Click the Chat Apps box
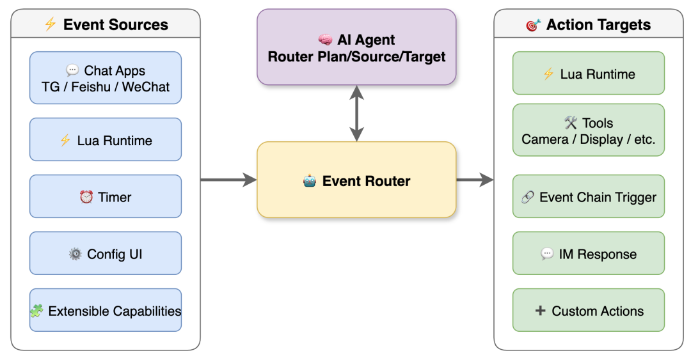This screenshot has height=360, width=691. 106,78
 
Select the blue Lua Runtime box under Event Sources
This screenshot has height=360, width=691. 106,139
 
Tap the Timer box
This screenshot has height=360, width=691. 106,196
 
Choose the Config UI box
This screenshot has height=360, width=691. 106,253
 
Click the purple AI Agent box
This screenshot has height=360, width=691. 356,47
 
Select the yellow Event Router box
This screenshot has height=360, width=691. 356,180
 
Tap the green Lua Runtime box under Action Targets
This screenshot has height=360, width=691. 589,73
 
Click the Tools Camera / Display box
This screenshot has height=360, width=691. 589,130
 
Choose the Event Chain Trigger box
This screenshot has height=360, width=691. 589,196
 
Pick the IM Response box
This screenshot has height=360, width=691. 589,253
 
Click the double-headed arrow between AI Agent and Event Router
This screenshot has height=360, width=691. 356,113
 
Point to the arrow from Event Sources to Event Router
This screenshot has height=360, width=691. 228,180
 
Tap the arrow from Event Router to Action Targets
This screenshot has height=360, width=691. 475,180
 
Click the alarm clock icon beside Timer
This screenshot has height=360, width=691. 86,196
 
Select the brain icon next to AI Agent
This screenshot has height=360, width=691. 325,40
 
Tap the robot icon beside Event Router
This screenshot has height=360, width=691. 310,181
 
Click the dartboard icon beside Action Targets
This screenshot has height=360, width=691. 533,25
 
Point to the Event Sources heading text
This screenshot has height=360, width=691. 115,25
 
